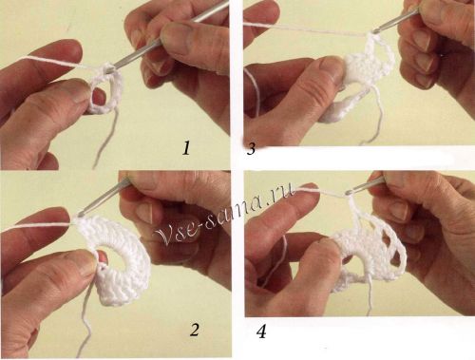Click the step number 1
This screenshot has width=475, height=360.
186,148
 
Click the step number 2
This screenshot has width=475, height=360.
195,330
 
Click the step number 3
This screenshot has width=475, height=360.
251,148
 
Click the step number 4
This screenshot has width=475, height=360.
261,332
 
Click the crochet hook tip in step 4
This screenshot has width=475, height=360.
349,192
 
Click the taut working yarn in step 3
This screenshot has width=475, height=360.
306,28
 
